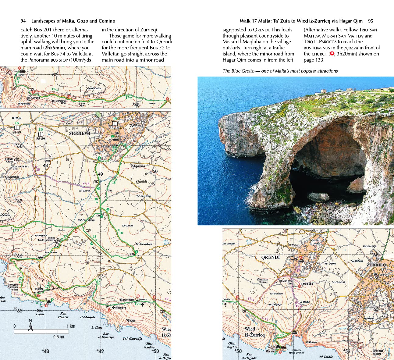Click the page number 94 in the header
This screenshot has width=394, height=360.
[23, 21]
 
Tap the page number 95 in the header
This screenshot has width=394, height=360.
[371, 21]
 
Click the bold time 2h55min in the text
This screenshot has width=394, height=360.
[55, 48]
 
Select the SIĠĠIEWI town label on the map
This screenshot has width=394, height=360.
[80, 133]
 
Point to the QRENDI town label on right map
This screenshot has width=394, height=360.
[270, 257]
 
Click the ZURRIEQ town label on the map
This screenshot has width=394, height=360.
[376, 265]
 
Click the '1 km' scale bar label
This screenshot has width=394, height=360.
[71, 326]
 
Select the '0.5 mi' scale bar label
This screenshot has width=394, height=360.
[59, 337]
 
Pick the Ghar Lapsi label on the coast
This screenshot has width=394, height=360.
[40, 312]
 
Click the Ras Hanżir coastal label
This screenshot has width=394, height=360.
[63, 315]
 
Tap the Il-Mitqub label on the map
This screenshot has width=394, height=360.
[87, 317]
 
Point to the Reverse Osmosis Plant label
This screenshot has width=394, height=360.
[13, 287]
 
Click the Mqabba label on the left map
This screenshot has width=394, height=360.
[138, 166]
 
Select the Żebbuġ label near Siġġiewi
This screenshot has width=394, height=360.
[136, 126]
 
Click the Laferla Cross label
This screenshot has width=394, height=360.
[9, 160]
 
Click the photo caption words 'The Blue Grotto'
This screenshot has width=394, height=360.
[238, 71]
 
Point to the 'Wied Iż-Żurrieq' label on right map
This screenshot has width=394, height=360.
[254, 332]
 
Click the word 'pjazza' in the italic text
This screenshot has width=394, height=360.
[351, 48]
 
